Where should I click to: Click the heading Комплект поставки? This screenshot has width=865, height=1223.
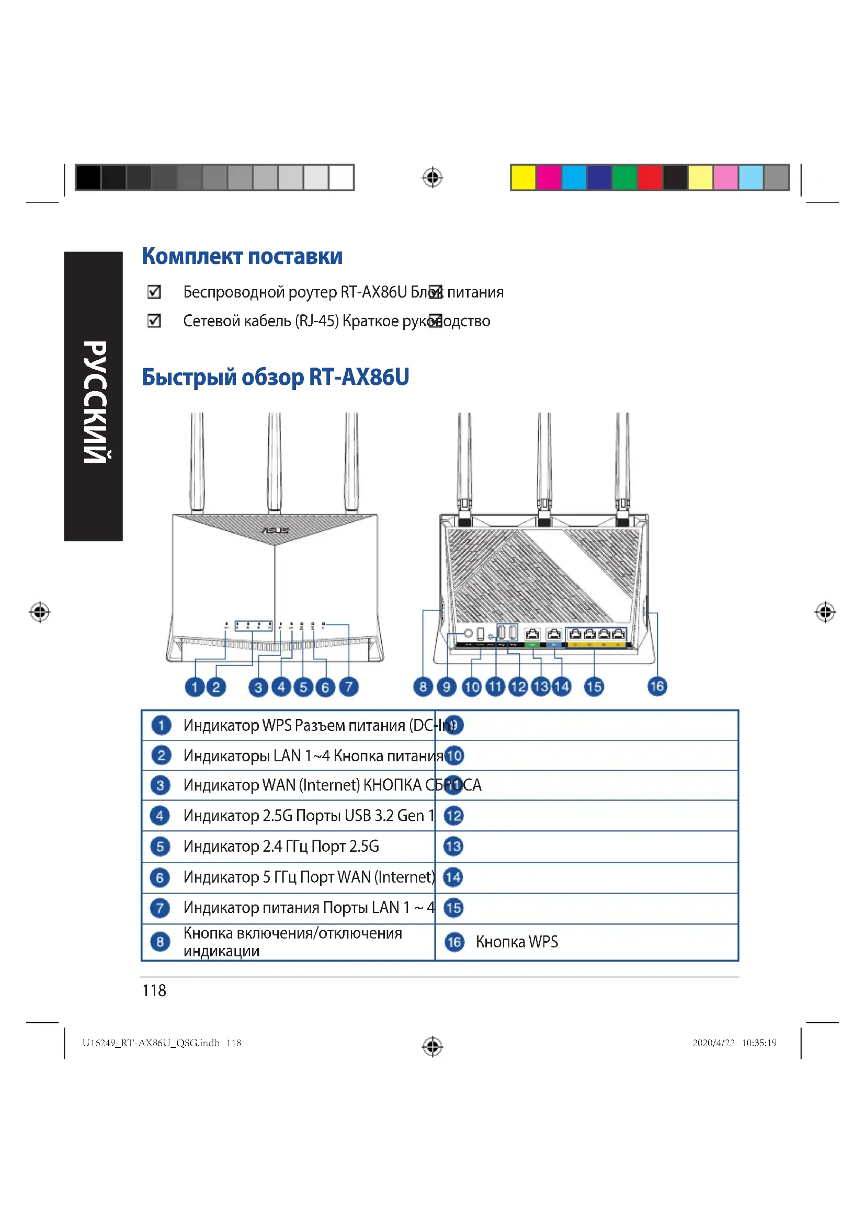coord(242,256)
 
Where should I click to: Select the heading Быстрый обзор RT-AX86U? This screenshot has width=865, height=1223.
coord(275,377)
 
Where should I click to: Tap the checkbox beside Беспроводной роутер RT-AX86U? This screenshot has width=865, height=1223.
coord(154,292)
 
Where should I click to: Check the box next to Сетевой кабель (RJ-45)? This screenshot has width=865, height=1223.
coord(154,321)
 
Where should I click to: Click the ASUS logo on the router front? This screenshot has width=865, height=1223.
coord(275,531)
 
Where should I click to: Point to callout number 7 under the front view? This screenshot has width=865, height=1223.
coord(349,687)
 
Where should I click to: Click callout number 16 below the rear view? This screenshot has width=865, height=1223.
coord(657,686)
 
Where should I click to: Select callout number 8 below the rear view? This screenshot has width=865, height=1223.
coord(423,687)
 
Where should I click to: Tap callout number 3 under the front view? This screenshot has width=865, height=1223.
coord(258,687)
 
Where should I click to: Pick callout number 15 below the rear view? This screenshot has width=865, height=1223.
coord(594,687)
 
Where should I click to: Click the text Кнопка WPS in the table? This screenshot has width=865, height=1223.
coord(517,942)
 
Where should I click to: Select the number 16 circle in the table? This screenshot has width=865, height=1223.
coord(454,942)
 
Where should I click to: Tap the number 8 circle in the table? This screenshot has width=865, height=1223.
coord(160,942)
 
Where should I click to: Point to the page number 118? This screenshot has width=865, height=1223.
coord(154,990)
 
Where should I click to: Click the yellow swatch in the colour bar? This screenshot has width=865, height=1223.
coord(523,177)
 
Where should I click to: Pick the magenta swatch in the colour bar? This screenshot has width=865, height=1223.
coord(549,177)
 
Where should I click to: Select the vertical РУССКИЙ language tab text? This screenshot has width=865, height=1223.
coord(94,402)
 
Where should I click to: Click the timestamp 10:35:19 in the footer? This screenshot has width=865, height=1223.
coord(759,1043)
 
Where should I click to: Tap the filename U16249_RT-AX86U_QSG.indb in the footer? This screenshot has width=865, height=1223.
coord(151,1043)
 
